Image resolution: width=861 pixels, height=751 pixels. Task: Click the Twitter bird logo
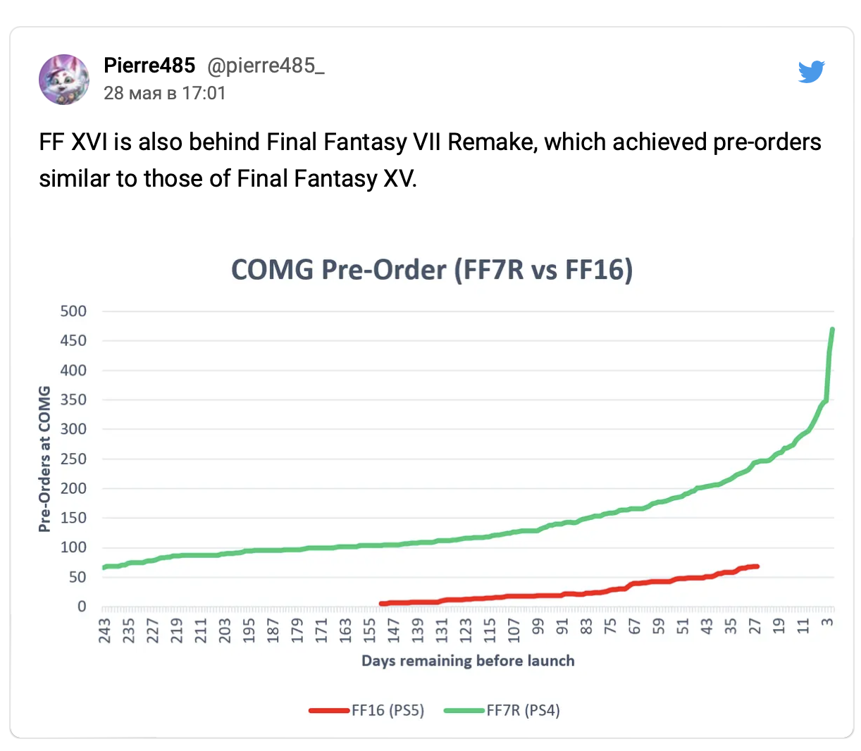[811, 72]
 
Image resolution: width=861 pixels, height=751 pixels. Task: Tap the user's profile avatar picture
[64, 79]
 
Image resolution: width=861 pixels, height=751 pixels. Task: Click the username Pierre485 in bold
[149, 66]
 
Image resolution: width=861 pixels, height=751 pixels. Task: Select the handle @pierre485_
[266, 66]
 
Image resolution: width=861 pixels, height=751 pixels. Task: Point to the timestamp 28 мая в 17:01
[165, 93]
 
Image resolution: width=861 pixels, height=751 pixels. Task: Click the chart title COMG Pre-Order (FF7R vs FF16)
[432, 269]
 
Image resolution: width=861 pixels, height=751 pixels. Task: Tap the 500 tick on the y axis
[73, 311]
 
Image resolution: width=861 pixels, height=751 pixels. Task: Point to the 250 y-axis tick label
[73, 459]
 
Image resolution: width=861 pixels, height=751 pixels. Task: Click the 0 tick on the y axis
[82, 607]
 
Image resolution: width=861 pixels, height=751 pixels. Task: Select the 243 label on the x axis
[104, 631]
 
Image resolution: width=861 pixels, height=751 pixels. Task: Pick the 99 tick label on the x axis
[538, 626]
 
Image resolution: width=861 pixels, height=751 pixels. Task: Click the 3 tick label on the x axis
[827, 622]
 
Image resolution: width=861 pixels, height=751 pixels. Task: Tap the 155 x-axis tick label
[369, 631]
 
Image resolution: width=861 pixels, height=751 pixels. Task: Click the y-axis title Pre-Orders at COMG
[44, 459]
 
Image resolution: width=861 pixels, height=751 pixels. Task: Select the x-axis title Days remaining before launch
[468, 661]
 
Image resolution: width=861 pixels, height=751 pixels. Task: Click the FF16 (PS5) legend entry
[366, 710]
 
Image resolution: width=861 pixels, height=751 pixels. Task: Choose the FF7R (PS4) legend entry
[502, 710]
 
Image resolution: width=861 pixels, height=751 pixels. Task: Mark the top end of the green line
[832, 329]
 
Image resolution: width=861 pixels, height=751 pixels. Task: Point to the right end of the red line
[757, 566]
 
